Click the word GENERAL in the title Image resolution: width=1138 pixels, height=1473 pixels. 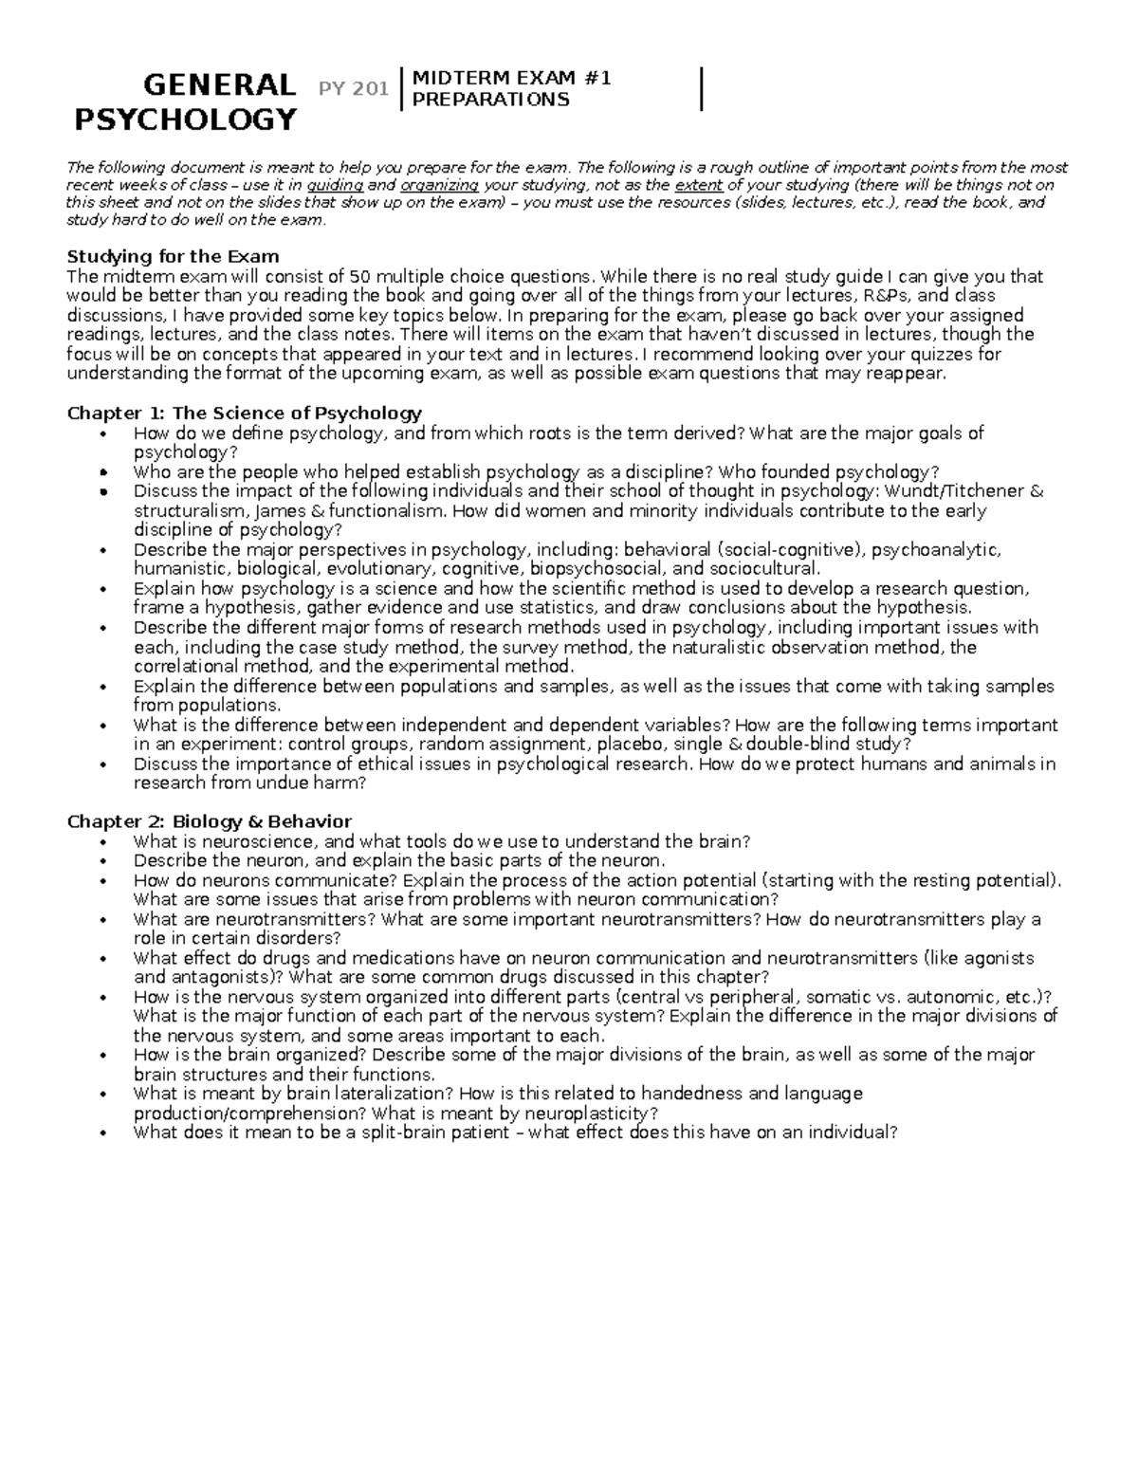[217, 85]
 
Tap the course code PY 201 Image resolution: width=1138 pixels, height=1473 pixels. [354, 89]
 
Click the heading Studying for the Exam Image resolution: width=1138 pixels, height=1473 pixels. [173, 256]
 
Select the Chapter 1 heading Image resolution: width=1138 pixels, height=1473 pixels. [244, 413]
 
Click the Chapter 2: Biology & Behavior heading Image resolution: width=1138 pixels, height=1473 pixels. [209, 821]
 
